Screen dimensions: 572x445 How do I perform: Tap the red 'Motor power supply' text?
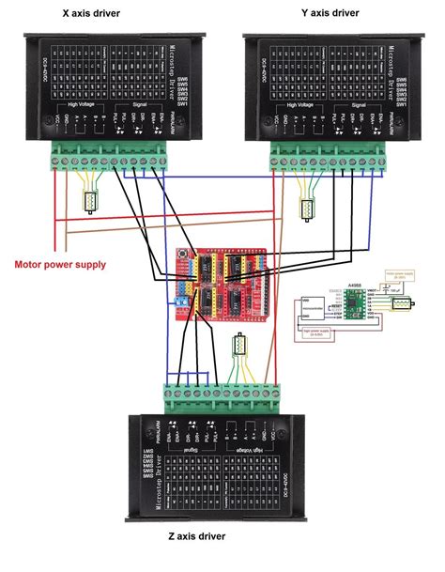tap(59, 264)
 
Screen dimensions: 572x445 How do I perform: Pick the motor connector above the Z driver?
tap(238, 354)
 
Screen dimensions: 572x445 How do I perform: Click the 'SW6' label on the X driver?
tap(183, 80)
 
